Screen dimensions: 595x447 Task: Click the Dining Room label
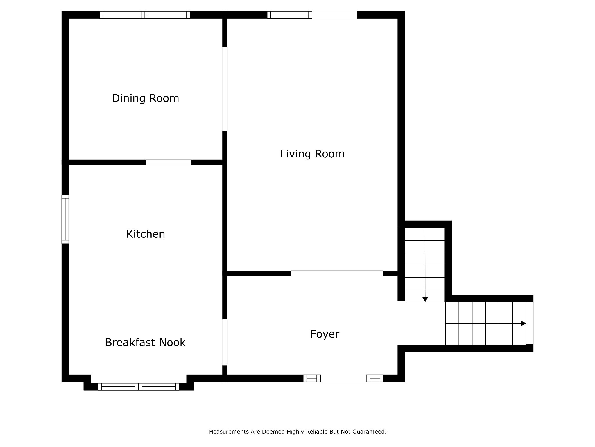point(145,98)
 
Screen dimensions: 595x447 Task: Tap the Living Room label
point(312,154)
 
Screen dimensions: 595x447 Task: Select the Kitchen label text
point(146,234)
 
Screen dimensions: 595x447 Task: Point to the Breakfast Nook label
point(145,343)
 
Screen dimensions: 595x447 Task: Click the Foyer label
point(325,334)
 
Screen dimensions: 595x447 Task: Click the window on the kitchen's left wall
point(65,219)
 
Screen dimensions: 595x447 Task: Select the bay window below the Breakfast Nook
point(138,386)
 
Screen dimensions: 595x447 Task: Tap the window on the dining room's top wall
point(145,15)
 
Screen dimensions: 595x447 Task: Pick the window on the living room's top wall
point(289,15)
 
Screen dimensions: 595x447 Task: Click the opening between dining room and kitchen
point(169,162)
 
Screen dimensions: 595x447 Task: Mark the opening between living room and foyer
point(337,273)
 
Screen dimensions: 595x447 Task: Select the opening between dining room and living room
point(225,88)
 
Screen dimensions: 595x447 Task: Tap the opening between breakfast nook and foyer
point(225,342)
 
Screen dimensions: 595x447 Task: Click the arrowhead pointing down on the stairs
point(425,299)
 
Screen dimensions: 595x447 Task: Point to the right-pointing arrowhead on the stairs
point(523,323)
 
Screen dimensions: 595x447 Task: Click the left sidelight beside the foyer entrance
point(312,378)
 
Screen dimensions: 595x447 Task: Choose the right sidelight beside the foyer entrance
point(375,378)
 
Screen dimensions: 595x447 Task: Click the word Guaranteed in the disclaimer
point(369,432)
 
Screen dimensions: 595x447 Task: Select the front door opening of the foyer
point(343,378)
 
